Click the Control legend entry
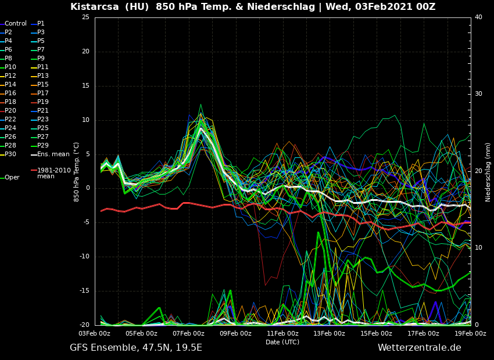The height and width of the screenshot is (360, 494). (x=16, y=24)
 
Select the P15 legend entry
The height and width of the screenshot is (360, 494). (x=43, y=85)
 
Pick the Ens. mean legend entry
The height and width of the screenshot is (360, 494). (x=53, y=154)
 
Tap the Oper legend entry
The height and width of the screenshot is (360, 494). (x=12, y=178)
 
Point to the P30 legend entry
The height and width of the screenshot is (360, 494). (x=10, y=154)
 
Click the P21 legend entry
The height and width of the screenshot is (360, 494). (x=43, y=111)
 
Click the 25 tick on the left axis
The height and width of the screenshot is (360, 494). (x=85, y=17)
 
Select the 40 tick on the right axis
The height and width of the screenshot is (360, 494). (x=478, y=17)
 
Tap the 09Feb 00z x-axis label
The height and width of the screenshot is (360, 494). (x=235, y=334)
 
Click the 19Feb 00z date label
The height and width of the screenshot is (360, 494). (x=470, y=334)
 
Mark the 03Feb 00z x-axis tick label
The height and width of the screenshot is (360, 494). (x=95, y=334)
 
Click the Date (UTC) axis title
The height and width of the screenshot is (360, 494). (x=282, y=342)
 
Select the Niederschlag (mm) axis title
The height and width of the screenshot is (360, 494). (x=488, y=172)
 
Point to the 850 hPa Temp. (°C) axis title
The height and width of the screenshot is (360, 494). (x=76, y=172)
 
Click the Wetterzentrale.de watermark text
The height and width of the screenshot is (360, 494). (x=419, y=348)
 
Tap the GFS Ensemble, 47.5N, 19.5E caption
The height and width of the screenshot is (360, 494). (x=136, y=348)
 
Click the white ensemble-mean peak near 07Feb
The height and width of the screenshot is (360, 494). (x=201, y=129)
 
